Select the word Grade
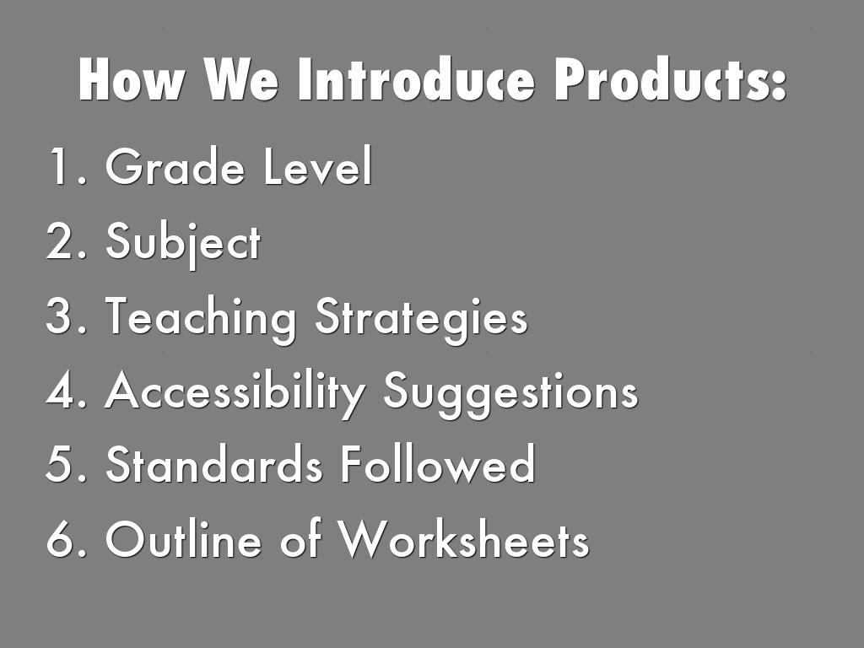tap(175, 166)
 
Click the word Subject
tap(183, 243)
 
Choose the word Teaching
tap(200, 319)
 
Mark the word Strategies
tap(422, 319)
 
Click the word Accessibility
tap(235, 393)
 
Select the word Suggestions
tap(510, 393)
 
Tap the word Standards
tap(213, 464)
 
